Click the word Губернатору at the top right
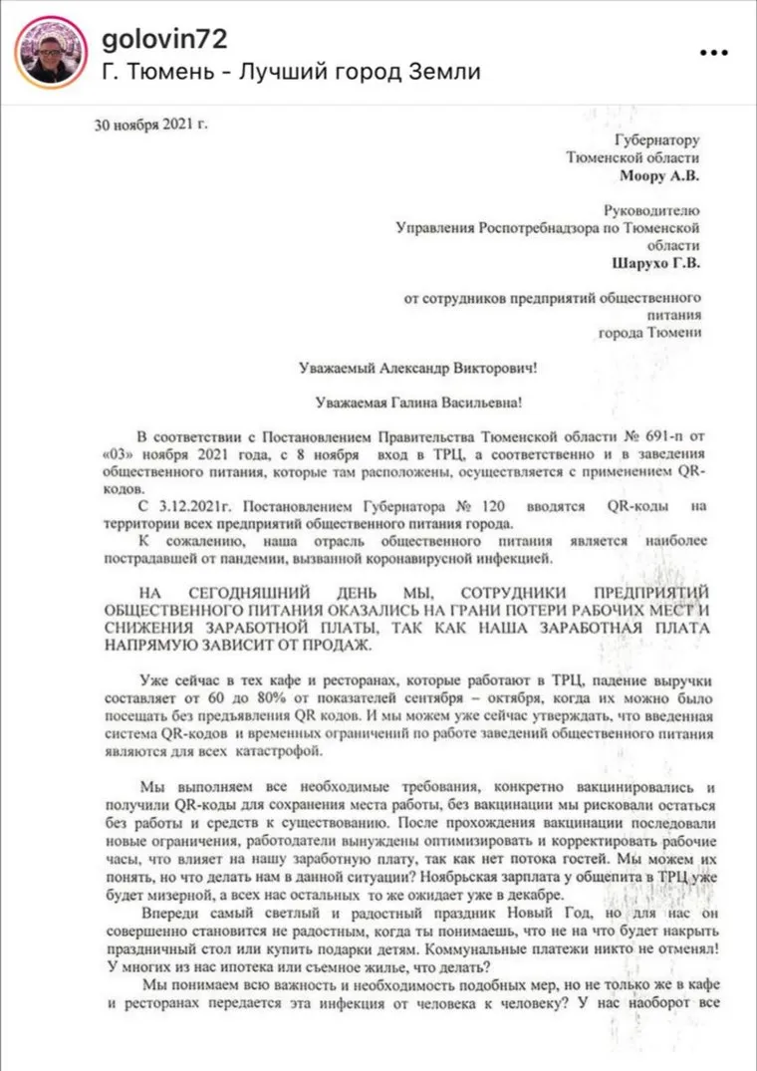[658, 140]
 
